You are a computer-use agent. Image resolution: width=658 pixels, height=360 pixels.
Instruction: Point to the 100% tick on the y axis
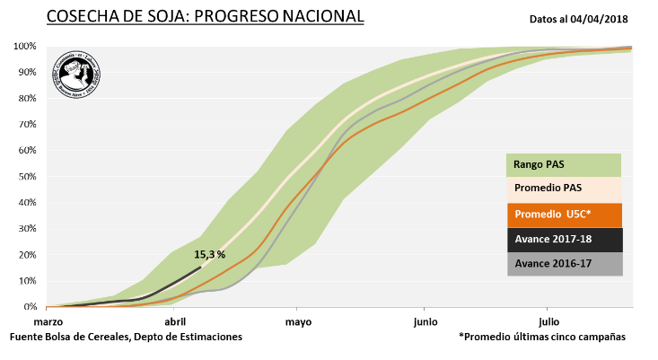pos(24,46)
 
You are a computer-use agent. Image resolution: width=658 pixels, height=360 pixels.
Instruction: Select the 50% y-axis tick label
pos(26,176)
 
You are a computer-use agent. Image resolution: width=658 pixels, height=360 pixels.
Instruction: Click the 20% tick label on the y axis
pos(26,255)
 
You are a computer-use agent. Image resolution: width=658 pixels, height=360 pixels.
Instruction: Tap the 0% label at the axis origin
pos(29,307)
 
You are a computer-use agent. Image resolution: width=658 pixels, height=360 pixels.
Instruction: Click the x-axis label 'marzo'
pos(48,320)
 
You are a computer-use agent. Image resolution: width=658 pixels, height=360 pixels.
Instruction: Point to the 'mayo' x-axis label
pos(299,320)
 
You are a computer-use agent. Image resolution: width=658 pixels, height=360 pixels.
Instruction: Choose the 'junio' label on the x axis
pos(425,320)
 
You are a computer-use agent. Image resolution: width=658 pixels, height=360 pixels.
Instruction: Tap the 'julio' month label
pos(548,320)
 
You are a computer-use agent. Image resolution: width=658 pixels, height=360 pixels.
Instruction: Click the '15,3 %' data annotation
pos(208,255)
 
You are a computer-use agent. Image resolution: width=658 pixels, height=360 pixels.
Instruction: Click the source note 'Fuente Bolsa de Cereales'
pos(126,336)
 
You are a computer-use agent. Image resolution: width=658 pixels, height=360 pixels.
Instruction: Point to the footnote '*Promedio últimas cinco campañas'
pos(541,336)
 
